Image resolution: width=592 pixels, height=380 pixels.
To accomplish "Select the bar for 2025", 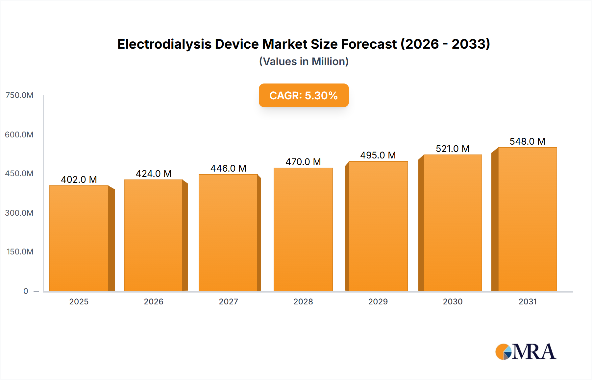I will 79,238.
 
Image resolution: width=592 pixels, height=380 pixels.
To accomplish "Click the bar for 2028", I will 303,229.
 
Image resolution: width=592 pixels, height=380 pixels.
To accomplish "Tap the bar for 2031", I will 527,219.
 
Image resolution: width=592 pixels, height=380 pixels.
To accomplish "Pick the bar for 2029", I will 378,226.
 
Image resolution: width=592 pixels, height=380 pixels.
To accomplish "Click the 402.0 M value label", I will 79,179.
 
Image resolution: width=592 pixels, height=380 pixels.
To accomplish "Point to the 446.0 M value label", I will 228,168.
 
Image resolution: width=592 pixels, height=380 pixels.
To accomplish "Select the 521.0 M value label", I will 453,149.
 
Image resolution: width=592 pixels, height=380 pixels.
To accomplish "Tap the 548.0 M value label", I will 527,141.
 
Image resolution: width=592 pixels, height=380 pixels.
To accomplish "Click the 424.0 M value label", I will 154,174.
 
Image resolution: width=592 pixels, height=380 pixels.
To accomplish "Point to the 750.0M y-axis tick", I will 19,95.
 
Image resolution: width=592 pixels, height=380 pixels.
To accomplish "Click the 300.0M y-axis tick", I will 19,213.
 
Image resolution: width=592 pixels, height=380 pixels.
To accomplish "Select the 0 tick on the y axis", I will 26,291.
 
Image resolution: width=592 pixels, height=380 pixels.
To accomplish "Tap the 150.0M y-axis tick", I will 20,252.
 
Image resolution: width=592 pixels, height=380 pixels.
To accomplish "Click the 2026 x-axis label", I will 154,302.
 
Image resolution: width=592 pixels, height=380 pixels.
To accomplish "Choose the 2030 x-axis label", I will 453,302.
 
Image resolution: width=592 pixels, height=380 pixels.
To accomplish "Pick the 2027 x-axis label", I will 228,302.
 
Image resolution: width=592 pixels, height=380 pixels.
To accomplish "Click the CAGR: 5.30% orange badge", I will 304,95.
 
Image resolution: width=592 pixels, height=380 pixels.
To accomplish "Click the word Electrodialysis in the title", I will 164,44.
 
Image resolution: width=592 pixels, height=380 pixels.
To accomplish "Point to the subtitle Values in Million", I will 304,61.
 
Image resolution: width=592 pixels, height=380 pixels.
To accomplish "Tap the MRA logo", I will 526,352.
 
